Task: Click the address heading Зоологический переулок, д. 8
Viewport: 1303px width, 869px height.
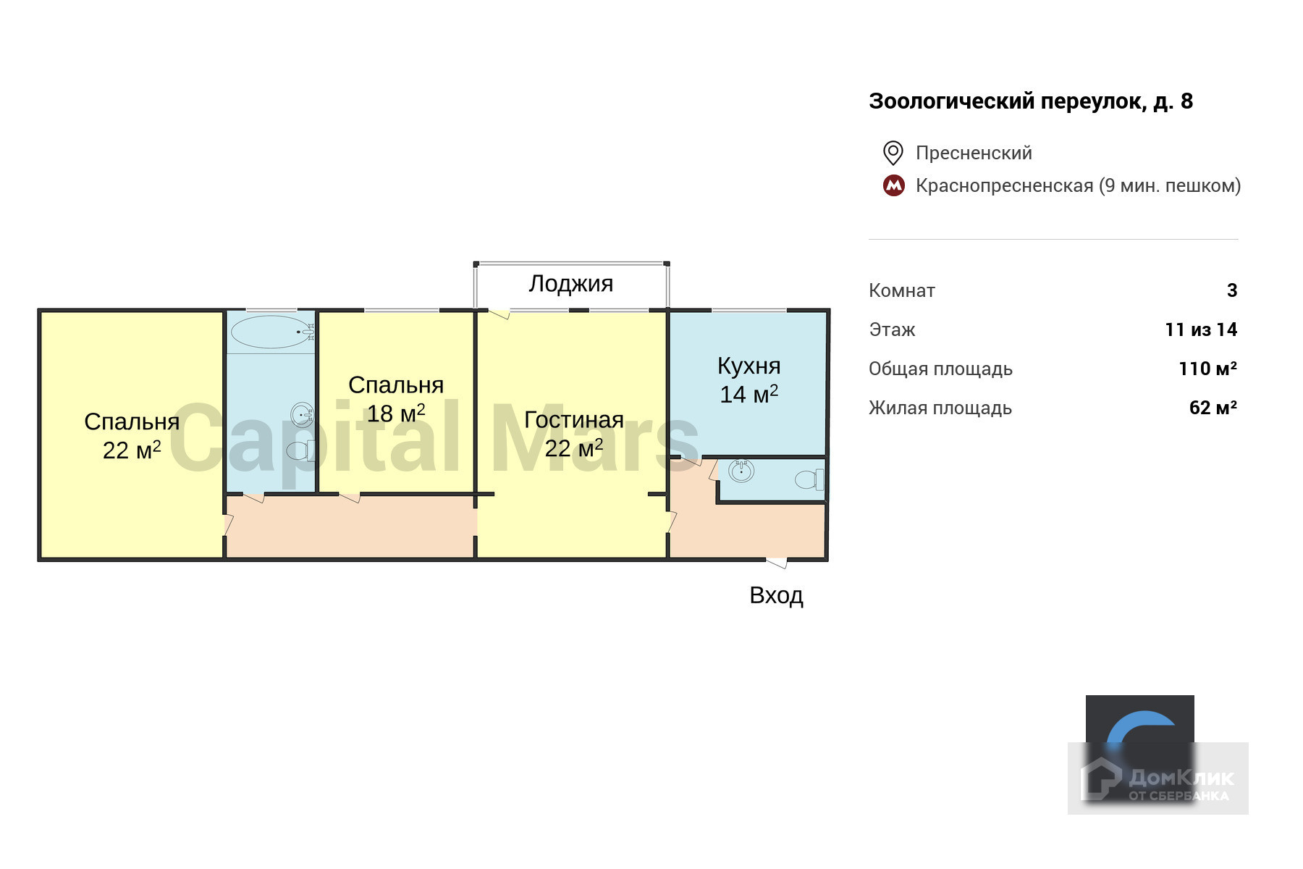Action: (x=1030, y=101)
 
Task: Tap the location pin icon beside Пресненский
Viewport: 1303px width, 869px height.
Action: (x=893, y=153)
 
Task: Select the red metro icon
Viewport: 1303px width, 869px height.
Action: (x=893, y=185)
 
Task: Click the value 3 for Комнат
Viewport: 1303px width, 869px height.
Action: (x=1231, y=290)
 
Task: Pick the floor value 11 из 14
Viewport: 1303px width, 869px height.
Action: (x=1200, y=329)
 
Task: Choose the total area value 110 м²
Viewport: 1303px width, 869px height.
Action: (x=1207, y=369)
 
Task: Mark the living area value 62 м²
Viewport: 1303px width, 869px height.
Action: (x=1213, y=408)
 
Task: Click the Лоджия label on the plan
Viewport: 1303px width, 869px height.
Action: (x=570, y=283)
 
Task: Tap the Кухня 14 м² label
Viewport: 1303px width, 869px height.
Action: (x=749, y=379)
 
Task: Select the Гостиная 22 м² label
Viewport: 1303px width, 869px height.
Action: (x=573, y=433)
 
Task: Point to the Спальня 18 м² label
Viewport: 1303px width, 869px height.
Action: (x=395, y=399)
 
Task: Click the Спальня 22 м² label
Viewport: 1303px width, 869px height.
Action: (x=131, y=435)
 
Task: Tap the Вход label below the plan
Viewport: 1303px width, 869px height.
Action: (x=776, y=595)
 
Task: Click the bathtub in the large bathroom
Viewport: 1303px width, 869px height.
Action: (x=271, y=332)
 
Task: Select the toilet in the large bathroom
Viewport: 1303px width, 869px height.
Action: (x=300, y=450)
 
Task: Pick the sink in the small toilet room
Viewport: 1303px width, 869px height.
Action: (x=741, y=471)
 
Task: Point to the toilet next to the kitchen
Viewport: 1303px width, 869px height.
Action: (x=809, y=479)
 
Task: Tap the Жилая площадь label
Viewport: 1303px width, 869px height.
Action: (x=940, y=408)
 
